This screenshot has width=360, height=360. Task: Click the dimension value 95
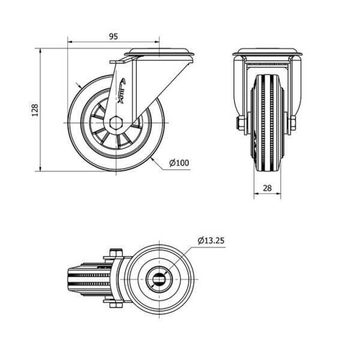pyautogui.click(x=113, y=37)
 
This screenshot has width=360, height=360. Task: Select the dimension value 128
pyautogui.click(x=35, y=110)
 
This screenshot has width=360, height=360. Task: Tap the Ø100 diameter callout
pyautogui.click(x=179, y=163)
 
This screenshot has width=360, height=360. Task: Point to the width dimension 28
pyautogui.click(x=267, y=188)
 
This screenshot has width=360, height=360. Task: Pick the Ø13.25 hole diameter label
pyautogui.click(x=211, y=241)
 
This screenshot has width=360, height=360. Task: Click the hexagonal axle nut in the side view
pyautogui.click(x=116, y=123)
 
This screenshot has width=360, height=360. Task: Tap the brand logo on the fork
pyautogui.click(x=121, y=91)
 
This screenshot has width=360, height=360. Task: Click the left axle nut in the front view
pyautogui.click(x=241, y=123)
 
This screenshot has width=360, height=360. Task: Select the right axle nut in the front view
pyautogui.click(x=293, y=123)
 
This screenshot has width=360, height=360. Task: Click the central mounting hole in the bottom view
pyautogui.click(x=160, y=279)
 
